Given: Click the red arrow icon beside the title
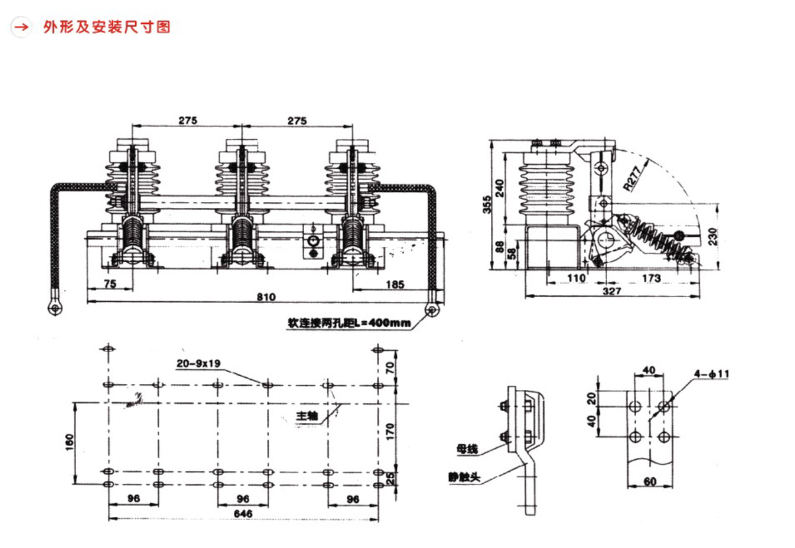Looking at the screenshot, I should coord(22,27).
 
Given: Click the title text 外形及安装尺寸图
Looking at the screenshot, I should coord(107,27).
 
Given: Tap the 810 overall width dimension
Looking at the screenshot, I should coord(266,297).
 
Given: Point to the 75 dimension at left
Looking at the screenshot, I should coord(110,285).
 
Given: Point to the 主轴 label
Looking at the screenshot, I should coord(307,416).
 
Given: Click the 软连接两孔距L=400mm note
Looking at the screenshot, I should coord(348,324).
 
